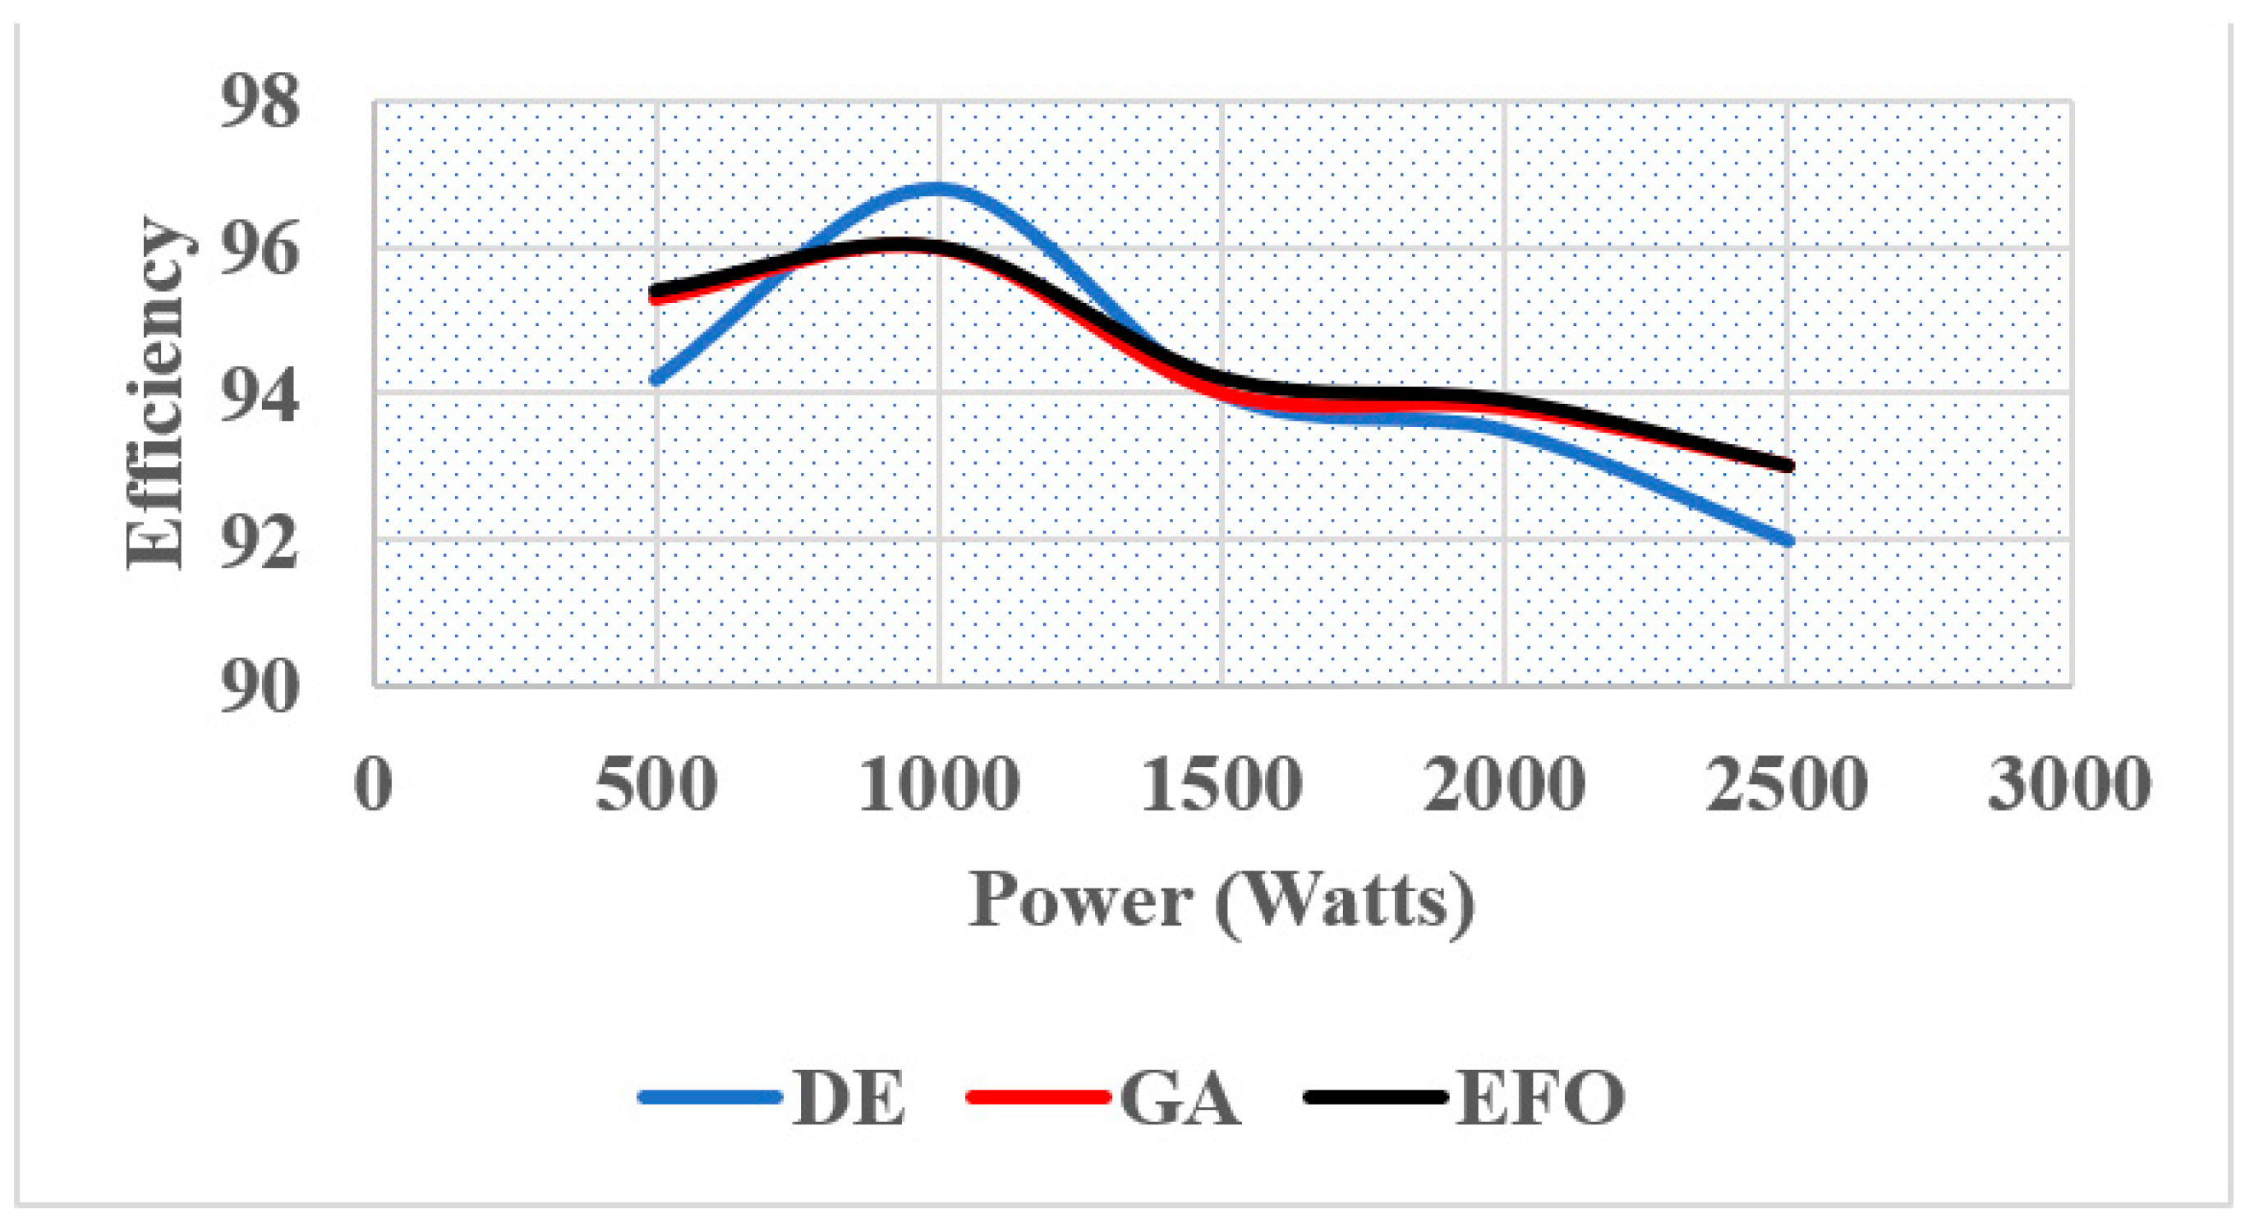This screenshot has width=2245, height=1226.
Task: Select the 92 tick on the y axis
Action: pos(260,541)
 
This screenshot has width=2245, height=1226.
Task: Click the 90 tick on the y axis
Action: pos(260,688)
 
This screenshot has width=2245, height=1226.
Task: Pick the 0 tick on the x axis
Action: pos(374,783)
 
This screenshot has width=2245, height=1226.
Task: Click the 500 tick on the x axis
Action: pos(656,783)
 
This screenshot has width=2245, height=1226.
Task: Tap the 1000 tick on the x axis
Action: pos(940,783)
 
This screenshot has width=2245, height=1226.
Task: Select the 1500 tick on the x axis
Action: pos(1221,783)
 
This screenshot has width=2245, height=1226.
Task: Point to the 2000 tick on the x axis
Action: pos(1505,783)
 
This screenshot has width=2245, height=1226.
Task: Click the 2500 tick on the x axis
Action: pos(1787,783)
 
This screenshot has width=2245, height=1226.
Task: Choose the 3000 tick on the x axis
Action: pos(2070,783)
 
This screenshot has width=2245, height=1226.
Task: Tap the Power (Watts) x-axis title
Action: pos(1221,903)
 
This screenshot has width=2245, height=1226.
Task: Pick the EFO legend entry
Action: pos(1464,1098)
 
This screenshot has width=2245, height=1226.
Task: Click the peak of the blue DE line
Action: pos(937,188)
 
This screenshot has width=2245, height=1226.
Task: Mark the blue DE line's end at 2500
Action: pos(1787,541)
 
